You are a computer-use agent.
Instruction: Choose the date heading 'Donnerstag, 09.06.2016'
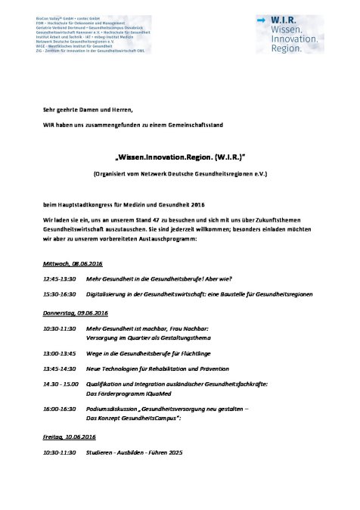pyautogui.click(x=76, y=313)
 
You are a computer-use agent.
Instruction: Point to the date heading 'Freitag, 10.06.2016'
pyautogui.click(x=71, y=437)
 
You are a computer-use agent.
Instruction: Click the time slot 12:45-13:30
pyautogui.click(x=61, y=277)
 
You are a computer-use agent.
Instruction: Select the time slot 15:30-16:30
pyautogui.click(x=61, y=293)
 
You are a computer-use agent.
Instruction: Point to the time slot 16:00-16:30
pyautogui.click(x=61, y=408)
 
